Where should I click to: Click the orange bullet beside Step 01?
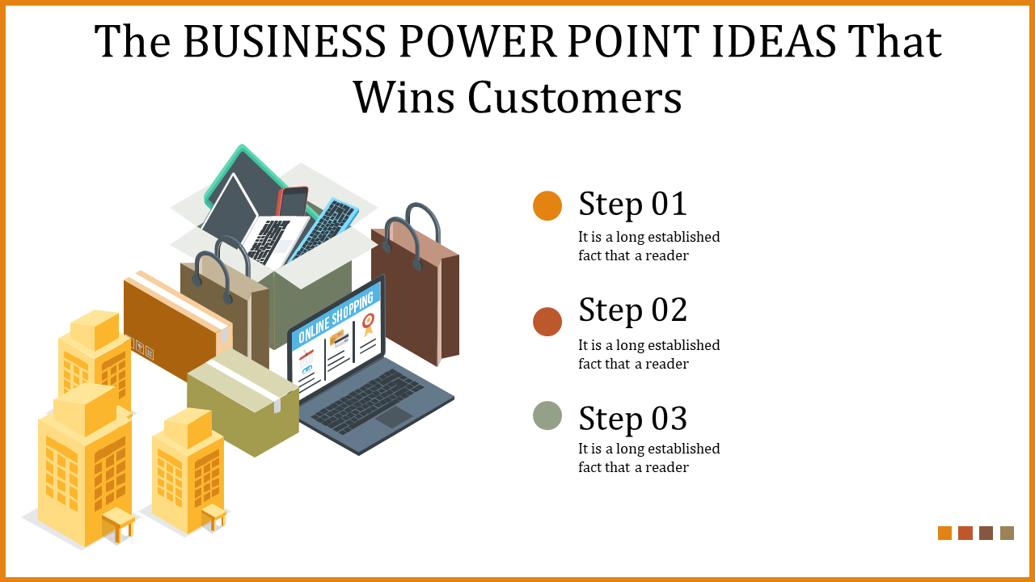coord(547,205)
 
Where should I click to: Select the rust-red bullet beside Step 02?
coord(547,322)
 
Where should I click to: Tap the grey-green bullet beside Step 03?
coord(547,415)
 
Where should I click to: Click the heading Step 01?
coord(632,204)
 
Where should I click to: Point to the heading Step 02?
coord(632,310)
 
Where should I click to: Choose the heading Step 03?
coord(632,418)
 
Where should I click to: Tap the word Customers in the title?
coord(575,99)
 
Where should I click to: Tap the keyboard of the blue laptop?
coord(369,400)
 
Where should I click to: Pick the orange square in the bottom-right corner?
coord(944,533)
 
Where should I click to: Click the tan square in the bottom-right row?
coord(1007,533)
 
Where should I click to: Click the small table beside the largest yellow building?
coord(119,522)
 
